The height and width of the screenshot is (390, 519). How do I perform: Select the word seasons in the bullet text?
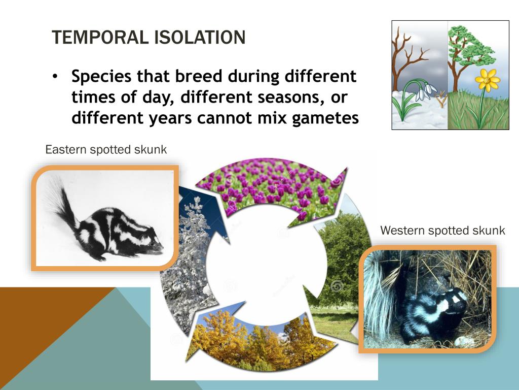pos(291,97)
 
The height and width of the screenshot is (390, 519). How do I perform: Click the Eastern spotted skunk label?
pos(106,149)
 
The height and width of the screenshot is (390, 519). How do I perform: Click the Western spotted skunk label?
pos(442,231)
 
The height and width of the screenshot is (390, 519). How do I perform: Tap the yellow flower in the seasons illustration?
pos(488,80)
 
